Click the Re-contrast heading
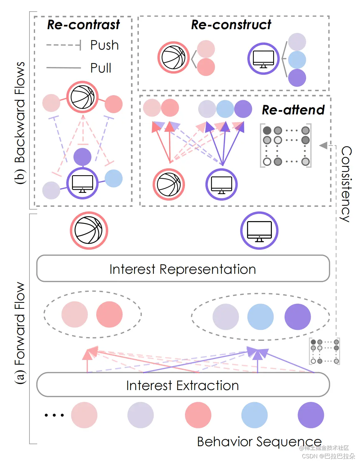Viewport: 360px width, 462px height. (x=83, y=25)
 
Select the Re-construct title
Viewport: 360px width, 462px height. (x=231, y=25)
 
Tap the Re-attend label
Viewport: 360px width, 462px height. (x=293, y=110)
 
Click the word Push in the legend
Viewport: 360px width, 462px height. (x=105, y=45)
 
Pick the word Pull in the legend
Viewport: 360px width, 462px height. (x=101, y=68)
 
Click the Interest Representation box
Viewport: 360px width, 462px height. (x=183, y=269)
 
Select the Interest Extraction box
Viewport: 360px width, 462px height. (x=183, y=385)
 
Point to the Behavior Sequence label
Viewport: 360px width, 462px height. (x=259, y=442)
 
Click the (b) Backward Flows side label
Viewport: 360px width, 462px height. (x=20, y=123)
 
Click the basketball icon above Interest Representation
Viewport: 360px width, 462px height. (x=89, y=230)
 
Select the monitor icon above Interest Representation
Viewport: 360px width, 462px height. (x=259, y=230)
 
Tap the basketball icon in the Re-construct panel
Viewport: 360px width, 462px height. (x=173, y=57)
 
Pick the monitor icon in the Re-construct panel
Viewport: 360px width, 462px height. (x=263, y=59)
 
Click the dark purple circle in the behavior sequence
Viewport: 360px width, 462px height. (x=311, y=415)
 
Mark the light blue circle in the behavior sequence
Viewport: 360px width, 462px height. (x=254, y=415)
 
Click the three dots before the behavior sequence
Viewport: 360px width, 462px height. (x=54, y=415)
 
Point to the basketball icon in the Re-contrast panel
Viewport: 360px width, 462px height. (x=83, y=97)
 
